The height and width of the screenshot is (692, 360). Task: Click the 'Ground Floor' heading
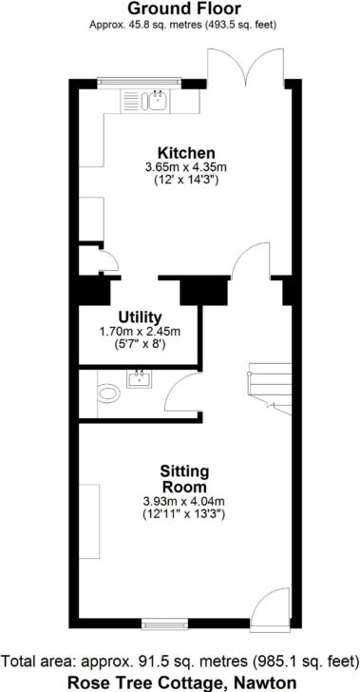tap(180, 10)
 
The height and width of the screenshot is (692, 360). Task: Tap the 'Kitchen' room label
tap(186, 153)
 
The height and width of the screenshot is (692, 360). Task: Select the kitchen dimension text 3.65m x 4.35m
tap(186, 167)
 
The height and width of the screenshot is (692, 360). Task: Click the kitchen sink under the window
tap(153, 98)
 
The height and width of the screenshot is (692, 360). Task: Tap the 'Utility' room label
tap(139, 317)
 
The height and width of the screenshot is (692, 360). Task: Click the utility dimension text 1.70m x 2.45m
tap(139, 331)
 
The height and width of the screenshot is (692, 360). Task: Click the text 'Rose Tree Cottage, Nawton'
tap(180, 682)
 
